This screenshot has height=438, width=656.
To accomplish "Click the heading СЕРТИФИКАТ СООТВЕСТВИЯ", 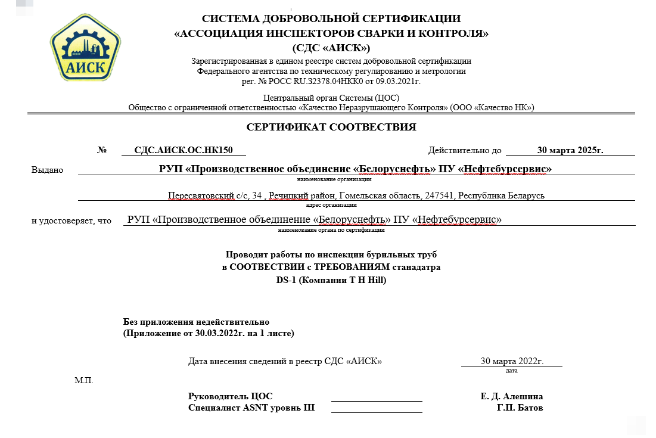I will pyautogui.click(x=331, y=127).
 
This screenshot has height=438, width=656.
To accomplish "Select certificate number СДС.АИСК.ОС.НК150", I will pyautogui.click(x=182, y=150).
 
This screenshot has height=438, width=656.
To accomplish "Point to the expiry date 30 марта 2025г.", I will pyautogui.click(x=570, y=150).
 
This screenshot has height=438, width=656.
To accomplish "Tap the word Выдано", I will pyautogui.click(x=47, y=170).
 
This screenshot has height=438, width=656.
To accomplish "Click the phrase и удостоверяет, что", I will pyautogui.click(x=71, y=220).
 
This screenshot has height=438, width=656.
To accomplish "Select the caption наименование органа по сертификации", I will pyautogui.click(x=331, y=229).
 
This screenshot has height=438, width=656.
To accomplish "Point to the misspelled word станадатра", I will pyautogui.click(x=417, y=267).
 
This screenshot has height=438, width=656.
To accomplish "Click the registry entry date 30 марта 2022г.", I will pyautogui.click(x=512, y=361).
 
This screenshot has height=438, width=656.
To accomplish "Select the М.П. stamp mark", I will pyautogui.click(x=84, y=380).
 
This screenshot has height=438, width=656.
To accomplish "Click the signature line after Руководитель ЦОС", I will pyautogui.click(x=377, y=400).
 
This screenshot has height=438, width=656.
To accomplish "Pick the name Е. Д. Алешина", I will pyautogui.click(x=511, y=396).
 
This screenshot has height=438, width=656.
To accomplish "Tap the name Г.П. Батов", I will pyautogui.click(x=520, y=408).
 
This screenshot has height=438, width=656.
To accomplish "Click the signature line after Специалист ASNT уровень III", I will pyautogui.click(x=377, y=412).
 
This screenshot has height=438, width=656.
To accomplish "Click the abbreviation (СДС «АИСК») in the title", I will pyautogui.click(x=331, y=47).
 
